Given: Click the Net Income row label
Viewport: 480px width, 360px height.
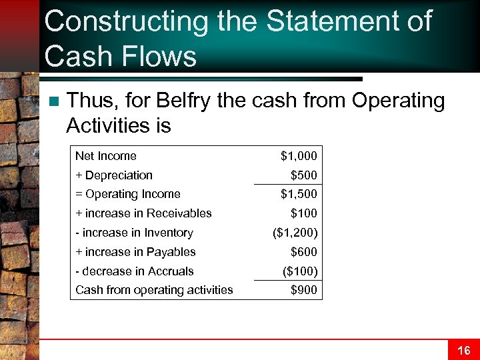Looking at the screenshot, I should coord(105,156).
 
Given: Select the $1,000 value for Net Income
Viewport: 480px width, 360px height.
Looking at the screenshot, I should coord(299,156).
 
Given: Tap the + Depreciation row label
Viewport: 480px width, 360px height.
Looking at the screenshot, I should coord(113,175).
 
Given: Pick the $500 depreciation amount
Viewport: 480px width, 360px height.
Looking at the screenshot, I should coord(304,175).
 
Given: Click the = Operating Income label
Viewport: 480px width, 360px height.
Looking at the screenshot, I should coord(127,194).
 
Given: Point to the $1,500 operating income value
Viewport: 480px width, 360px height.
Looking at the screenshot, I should coord(299,194).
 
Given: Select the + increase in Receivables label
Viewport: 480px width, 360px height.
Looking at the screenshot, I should coord(143,213).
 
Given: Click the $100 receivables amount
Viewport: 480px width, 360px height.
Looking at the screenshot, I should coord(304,213).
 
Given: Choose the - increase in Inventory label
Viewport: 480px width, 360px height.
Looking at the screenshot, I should coord(133,233).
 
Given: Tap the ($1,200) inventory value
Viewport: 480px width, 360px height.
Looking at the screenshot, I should coord(295,233).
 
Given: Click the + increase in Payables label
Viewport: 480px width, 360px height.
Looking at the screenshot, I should coord(135,252).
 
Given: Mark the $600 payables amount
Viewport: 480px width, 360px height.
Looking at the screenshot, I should coord(304,252).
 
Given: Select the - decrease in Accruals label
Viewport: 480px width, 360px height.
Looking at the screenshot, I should coord(134,271).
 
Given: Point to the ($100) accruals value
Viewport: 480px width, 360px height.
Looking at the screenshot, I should coord(301,271).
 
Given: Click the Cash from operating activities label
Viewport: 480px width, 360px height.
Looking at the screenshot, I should coord(154,290).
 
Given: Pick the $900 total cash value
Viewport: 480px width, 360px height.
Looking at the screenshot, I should coord(304,290).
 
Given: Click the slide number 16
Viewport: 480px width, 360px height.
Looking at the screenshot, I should coord(463,351).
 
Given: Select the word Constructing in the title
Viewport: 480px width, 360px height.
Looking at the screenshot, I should coord(126,22).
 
